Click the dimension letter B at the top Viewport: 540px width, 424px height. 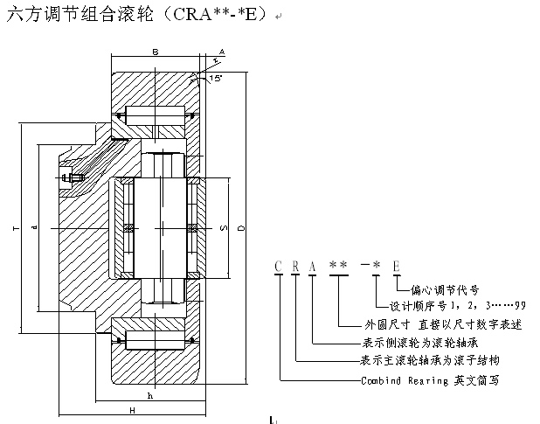(x=155, y=53)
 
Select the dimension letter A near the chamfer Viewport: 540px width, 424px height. (x=222, y=52)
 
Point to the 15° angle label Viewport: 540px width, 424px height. (x=216, y=79)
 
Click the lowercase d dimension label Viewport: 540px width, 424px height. (x=33, y=229)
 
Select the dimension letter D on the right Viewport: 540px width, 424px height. (x=241, y=228)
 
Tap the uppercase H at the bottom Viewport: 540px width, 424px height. (x=131, y=409)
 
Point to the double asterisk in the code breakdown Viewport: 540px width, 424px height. (x=337, y=264)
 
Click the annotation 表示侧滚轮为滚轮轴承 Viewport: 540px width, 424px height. (x=419, y=343)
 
